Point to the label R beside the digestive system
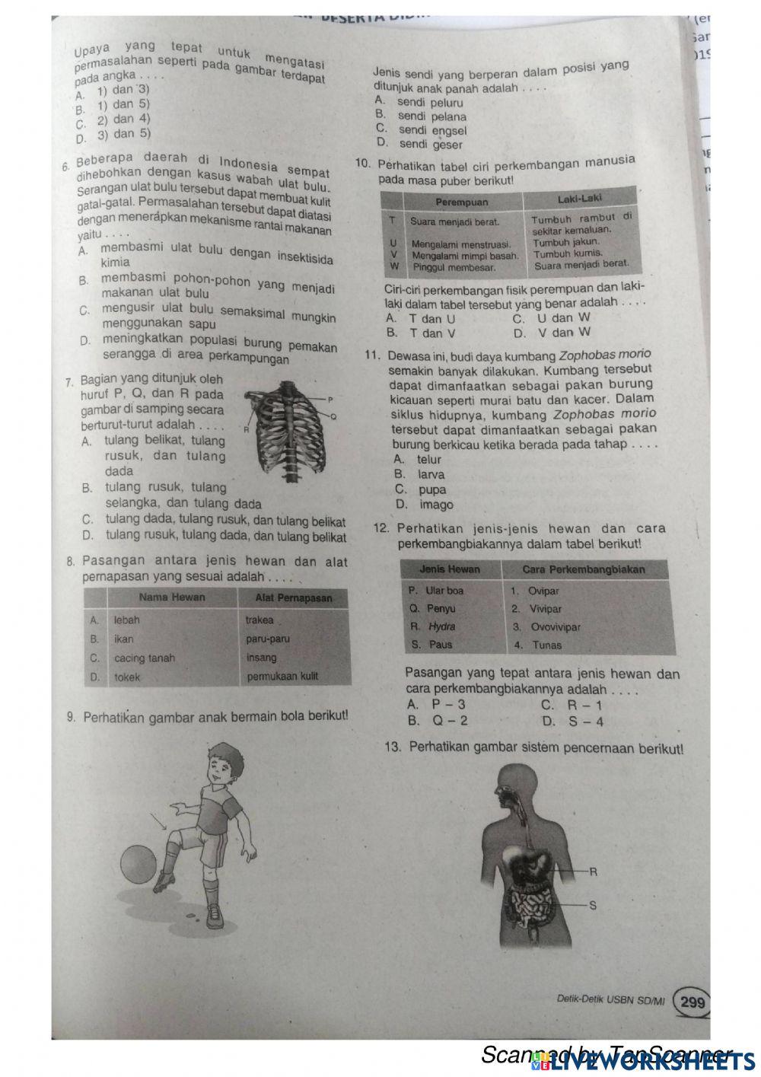coord(593,872)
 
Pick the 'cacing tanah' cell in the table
coord(145,658)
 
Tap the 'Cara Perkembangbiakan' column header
coord(584,569)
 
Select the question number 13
coord(393,747)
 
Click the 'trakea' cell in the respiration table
coord(260,620)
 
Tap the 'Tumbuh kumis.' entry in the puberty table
coord(567,253)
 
